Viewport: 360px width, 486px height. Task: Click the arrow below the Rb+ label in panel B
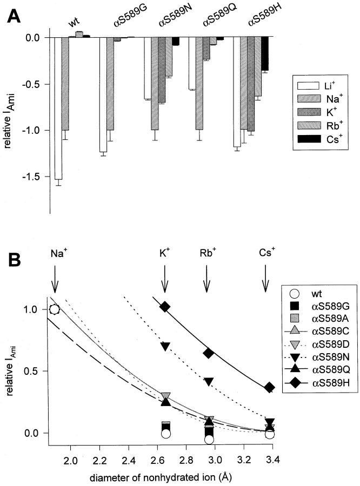pyautogui.click(x=206, y=277)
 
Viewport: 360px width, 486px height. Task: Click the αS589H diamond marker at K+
pyautogui.click(x=165, y=307)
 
